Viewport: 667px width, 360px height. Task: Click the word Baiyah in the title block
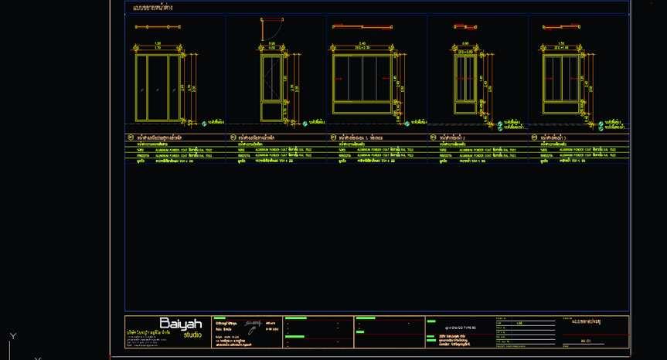click(x=180, y=323)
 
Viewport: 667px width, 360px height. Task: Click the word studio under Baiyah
click(x=192, y=335)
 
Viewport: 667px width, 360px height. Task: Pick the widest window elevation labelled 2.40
click(x=361, y=80)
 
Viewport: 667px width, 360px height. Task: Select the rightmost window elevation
click(x=561, y=80)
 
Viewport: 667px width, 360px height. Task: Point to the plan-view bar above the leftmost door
click(x=157, y=27)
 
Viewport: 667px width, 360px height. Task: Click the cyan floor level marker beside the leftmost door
click(x=204, y=123)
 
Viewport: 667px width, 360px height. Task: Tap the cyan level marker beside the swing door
click(x=305, y=123)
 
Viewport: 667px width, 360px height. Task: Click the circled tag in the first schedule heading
click(x=130, y=138)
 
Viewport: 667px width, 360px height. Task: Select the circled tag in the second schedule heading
click(x=232, y=138)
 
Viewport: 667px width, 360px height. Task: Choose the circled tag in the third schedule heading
click(x=333, y=138)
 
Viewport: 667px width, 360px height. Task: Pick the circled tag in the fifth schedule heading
click(x=535, y=138)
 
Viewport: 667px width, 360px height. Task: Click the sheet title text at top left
click(x=153, y=8)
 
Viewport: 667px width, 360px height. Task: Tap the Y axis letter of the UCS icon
click(x=12, y=336)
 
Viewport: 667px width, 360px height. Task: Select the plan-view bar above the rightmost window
click(x=560, y=28)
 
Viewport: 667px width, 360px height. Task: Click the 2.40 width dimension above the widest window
click(x=361, y=42)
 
